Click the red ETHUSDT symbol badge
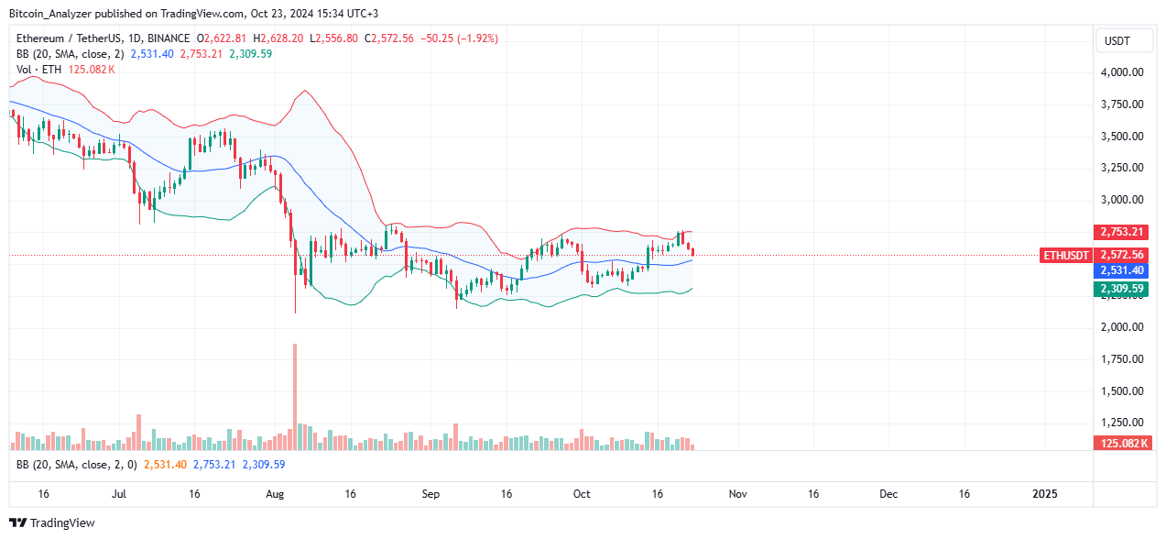[x=1066, y=256]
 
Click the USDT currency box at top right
[x=1118, y=40]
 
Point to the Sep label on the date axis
[x=430, y=493]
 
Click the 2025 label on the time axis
[x=1044, y=493]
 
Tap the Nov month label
[x=738, y=493]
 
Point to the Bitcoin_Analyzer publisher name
[x=56, y=14]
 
